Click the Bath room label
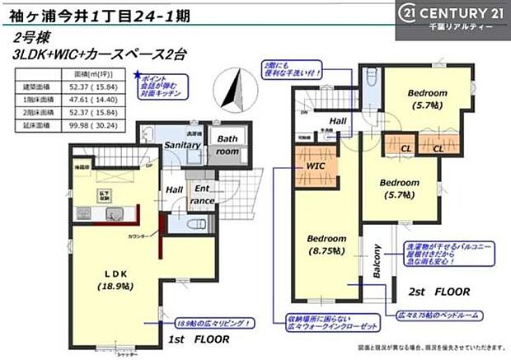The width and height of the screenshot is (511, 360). point(228,146)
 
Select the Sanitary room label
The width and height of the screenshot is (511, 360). point(182,145)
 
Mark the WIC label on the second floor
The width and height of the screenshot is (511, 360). point(316,166)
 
